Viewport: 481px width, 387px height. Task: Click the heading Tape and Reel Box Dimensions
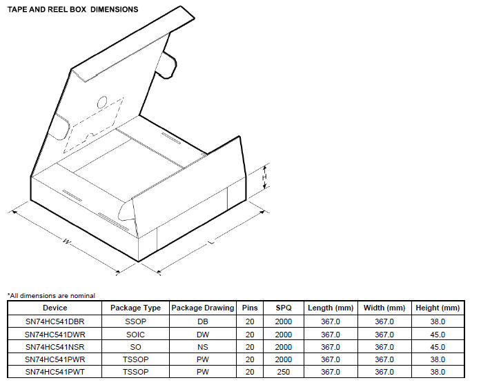click(72, 10)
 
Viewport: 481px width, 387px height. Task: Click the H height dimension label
click(264, 177)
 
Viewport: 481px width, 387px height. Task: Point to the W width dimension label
click(66, 241)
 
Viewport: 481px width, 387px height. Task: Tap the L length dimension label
click(210, 242)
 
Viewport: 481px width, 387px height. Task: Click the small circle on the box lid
click(102, 102)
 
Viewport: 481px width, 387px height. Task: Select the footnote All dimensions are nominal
click(51, 296)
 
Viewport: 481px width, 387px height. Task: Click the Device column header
click(55, 308)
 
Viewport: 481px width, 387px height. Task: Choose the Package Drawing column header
click(203, 308)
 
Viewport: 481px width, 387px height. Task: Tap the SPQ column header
click(284, 308)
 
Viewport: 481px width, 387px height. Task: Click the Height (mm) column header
click(438, 308)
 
